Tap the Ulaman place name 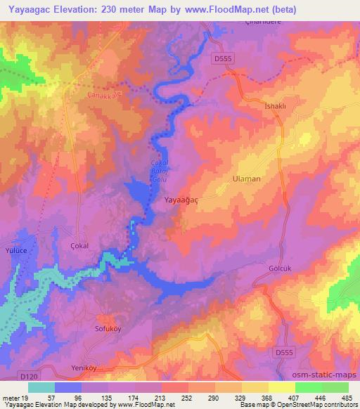246,179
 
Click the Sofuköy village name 89,328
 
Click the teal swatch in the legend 41,387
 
